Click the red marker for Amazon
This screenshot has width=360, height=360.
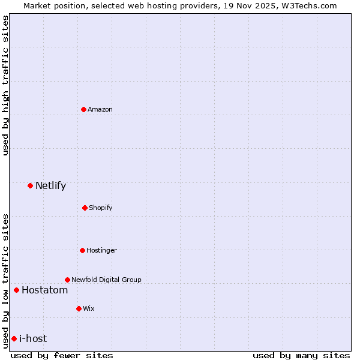click(84, 109)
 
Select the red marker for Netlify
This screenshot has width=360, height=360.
click(30, 185)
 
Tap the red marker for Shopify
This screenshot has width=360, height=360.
click(85, 208)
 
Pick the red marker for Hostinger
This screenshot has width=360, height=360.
click(82, 250)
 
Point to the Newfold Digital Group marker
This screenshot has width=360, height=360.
click(67, 280)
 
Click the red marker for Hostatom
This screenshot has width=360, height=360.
click(16, 290)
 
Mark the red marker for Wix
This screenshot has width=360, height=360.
click(79, 308)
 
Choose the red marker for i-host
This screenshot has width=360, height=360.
click(14, 339)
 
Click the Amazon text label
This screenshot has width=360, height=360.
click(100, 109)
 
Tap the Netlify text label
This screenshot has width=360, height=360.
click(50, 185)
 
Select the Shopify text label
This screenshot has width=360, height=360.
click(101, 208)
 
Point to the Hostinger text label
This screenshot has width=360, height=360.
click(101, 250)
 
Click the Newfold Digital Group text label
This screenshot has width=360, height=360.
click(106, 280)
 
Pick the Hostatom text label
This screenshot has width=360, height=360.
click(44, 290)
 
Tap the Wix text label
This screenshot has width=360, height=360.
click(89, 308)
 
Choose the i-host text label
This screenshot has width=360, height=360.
click(33, 339)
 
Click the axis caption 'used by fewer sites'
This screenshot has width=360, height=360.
click(62, 355)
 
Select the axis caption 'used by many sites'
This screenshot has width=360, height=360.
click(301, 355)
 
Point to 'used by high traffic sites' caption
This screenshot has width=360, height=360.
click(5, 85)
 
